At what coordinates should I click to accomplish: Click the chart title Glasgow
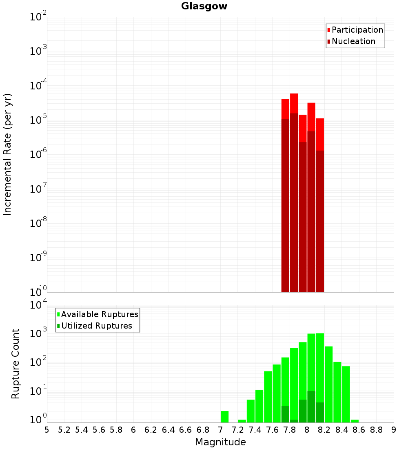204,6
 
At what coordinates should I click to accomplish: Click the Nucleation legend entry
353,41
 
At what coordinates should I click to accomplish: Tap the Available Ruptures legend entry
100,314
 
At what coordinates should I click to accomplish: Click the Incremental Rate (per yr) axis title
8,154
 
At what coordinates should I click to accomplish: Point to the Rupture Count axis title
16,364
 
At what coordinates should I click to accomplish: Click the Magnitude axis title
220,442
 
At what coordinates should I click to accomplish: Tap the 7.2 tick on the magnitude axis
237,429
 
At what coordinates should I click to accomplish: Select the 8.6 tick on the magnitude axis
359,429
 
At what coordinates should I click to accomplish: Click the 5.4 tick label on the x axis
82,429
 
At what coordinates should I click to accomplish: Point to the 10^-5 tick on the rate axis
38,120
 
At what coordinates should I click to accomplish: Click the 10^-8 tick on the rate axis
38,223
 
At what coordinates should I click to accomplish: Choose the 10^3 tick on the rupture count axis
38,333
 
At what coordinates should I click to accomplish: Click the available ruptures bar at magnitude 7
224,417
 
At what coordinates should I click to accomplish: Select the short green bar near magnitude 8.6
355,421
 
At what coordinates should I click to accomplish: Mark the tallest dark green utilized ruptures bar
311,407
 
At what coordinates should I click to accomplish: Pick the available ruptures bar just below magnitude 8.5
346,394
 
